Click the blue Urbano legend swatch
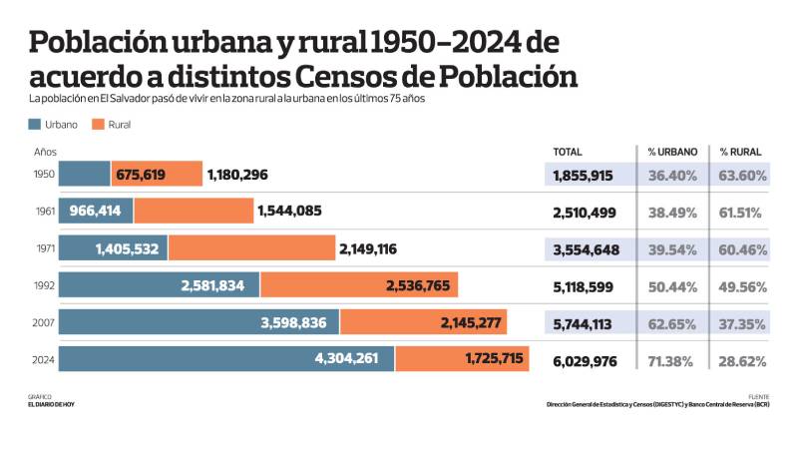35,125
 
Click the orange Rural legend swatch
98,125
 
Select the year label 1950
44,175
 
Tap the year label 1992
44,285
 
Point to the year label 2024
44,358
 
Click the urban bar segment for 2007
199,322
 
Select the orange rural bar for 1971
251,248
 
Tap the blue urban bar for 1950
85,175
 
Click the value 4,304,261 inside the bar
332,358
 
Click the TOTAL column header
568,152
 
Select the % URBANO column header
672,152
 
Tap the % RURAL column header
739,152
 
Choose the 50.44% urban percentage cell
672,285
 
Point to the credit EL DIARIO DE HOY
52,404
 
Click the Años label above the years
45,152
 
